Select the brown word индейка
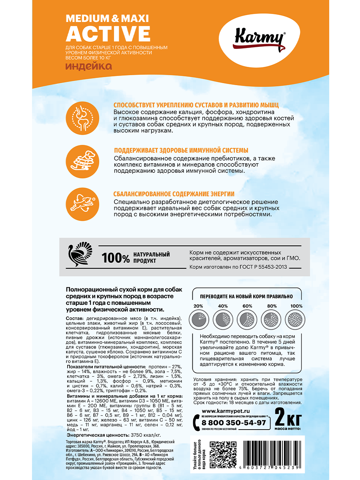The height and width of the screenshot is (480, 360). (x=88, y=66)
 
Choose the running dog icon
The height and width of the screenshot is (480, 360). (x=82, y=204)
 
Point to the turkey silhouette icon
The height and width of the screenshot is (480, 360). (x=80, y=255)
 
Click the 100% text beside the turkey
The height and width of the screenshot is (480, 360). (x=116, y=258)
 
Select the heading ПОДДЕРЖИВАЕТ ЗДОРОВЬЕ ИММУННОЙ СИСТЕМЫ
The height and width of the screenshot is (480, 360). (x=181, y=150)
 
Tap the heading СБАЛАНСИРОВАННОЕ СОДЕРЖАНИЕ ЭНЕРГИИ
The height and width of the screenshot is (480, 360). (x=174, y=194)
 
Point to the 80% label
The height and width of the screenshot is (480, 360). (x=272, y=306)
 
